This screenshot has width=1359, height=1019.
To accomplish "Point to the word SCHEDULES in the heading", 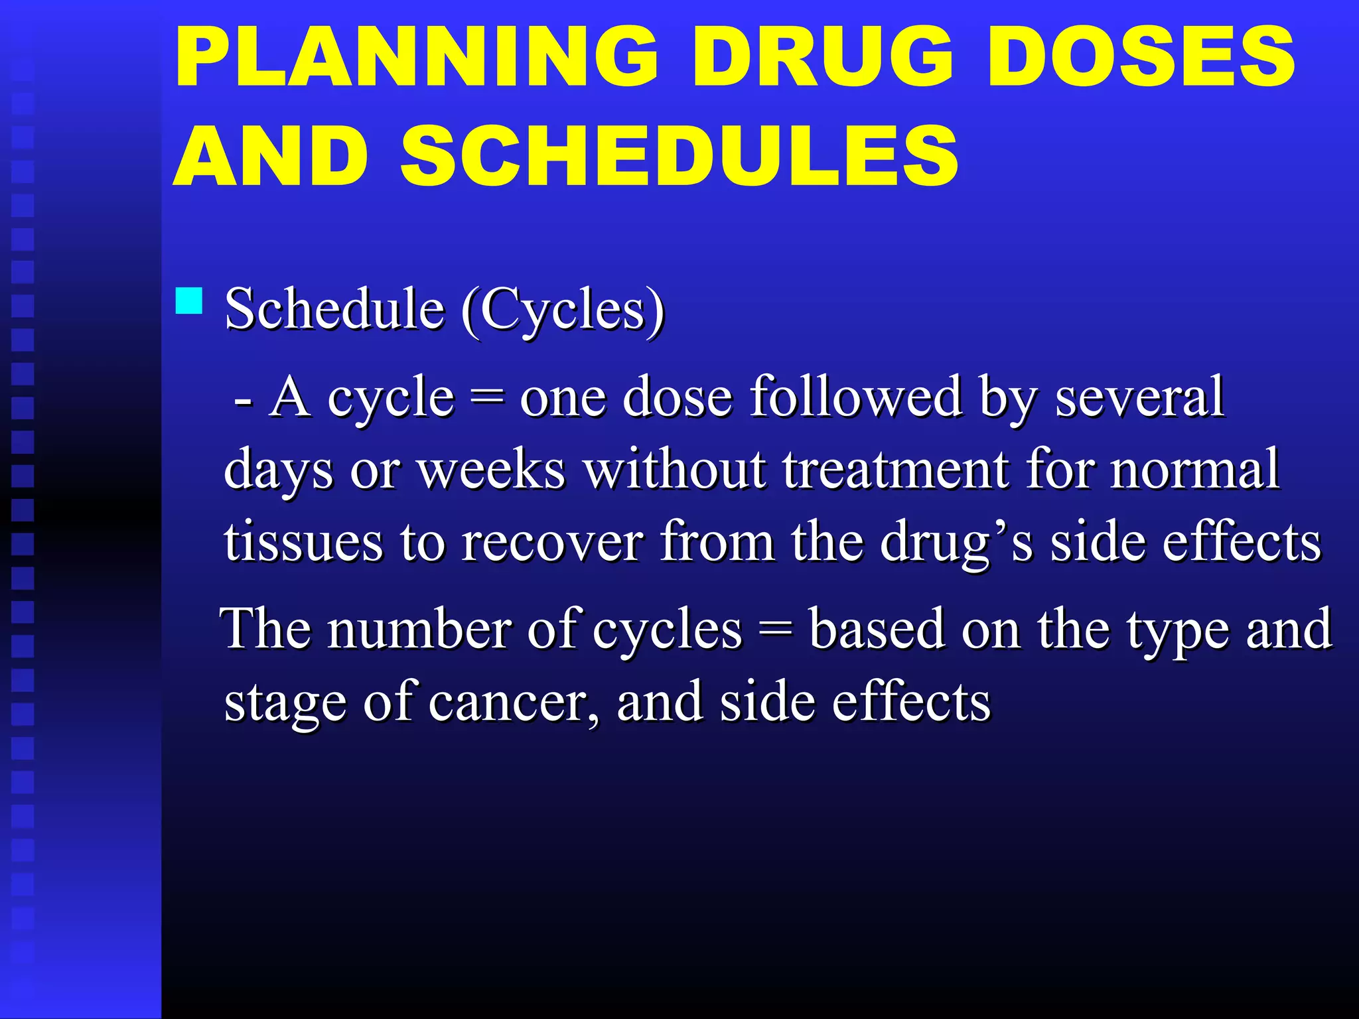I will (679, 157).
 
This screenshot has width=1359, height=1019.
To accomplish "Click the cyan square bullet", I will (189, 301).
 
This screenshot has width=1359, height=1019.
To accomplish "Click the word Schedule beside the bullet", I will (334, 309).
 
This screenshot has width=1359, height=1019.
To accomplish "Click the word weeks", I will (491, 470).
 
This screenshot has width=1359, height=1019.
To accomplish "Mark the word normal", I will (1194, 470).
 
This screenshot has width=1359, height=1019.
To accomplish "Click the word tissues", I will (303, 543).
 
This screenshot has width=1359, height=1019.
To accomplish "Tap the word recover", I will (552, 543).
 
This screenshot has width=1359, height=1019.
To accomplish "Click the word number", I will (419, 629).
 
